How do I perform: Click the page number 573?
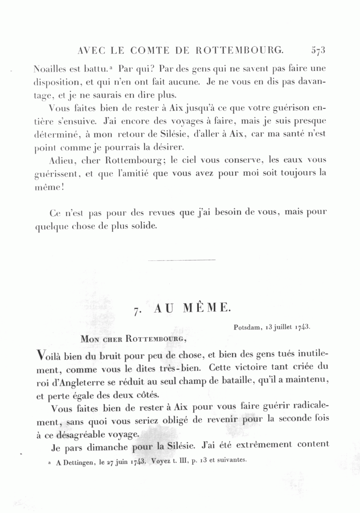click(318, 50)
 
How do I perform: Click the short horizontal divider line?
click(182, 260)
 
